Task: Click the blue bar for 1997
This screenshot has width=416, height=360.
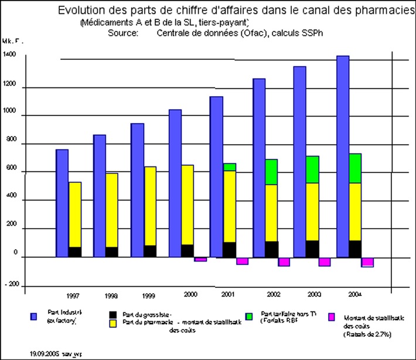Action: click(x=62, y=202)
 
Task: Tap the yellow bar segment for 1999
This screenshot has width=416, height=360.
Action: click(x=151, y=206)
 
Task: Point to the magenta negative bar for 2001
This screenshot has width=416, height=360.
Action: click(x=242, y=261)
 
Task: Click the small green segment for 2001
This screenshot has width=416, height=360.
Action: click(x=229, y=167)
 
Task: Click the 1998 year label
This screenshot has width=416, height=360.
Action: click(x=111, y=297)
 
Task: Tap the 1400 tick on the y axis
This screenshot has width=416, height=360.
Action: click(x=9, y=55)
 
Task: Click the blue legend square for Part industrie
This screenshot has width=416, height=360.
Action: click(x=33, y=317)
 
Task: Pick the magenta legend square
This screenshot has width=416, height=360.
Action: click(x=332, y=317)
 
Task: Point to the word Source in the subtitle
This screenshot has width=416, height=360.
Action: click(x=122, y=33)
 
